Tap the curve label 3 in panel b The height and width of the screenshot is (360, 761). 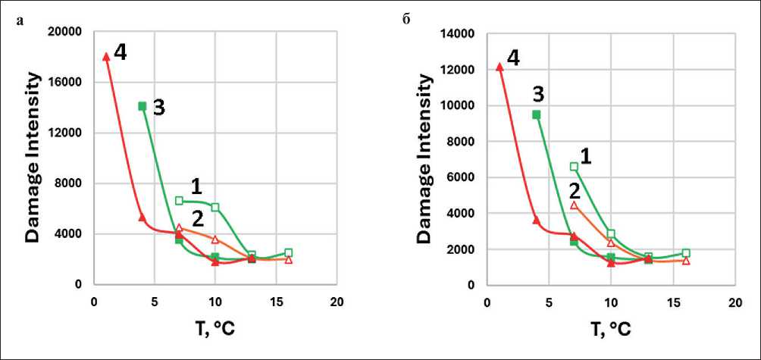537,94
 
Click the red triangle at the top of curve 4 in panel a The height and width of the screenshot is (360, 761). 106,56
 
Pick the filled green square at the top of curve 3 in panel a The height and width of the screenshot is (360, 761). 142,106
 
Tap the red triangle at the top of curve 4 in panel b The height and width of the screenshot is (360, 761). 499,67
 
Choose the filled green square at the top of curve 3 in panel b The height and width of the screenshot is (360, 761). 536,114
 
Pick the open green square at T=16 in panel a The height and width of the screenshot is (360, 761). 288,252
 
